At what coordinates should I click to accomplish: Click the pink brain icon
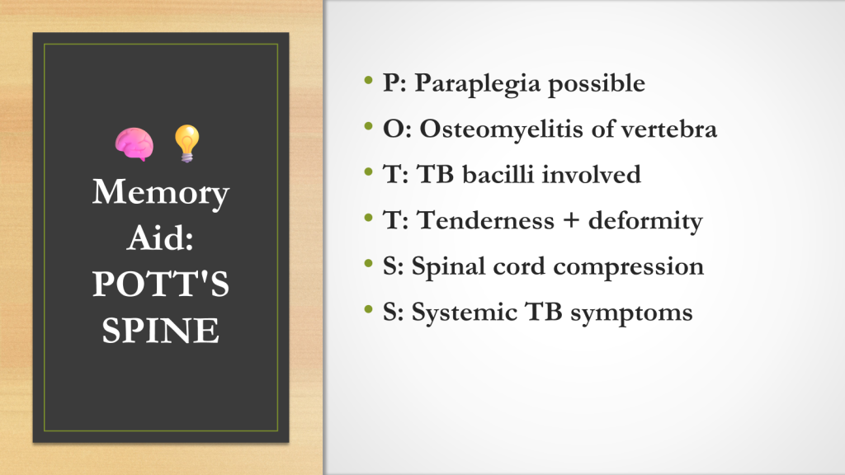(x=135, y=144)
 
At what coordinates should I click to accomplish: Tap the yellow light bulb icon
(x=187, y=143)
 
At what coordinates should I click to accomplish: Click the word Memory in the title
(x=161, y=193)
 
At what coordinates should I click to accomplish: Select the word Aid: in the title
(x=161, y=237)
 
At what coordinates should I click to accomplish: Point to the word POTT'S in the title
(x=161, y=284)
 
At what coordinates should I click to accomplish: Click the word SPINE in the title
(x=161, y=330)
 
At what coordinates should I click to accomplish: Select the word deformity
(x=645, y=221)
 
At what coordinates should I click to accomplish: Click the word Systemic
(x=465, y=313)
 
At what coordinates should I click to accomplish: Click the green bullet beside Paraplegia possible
(x=369, y=81)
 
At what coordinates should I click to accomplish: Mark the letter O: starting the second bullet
(x=397, y=129)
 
